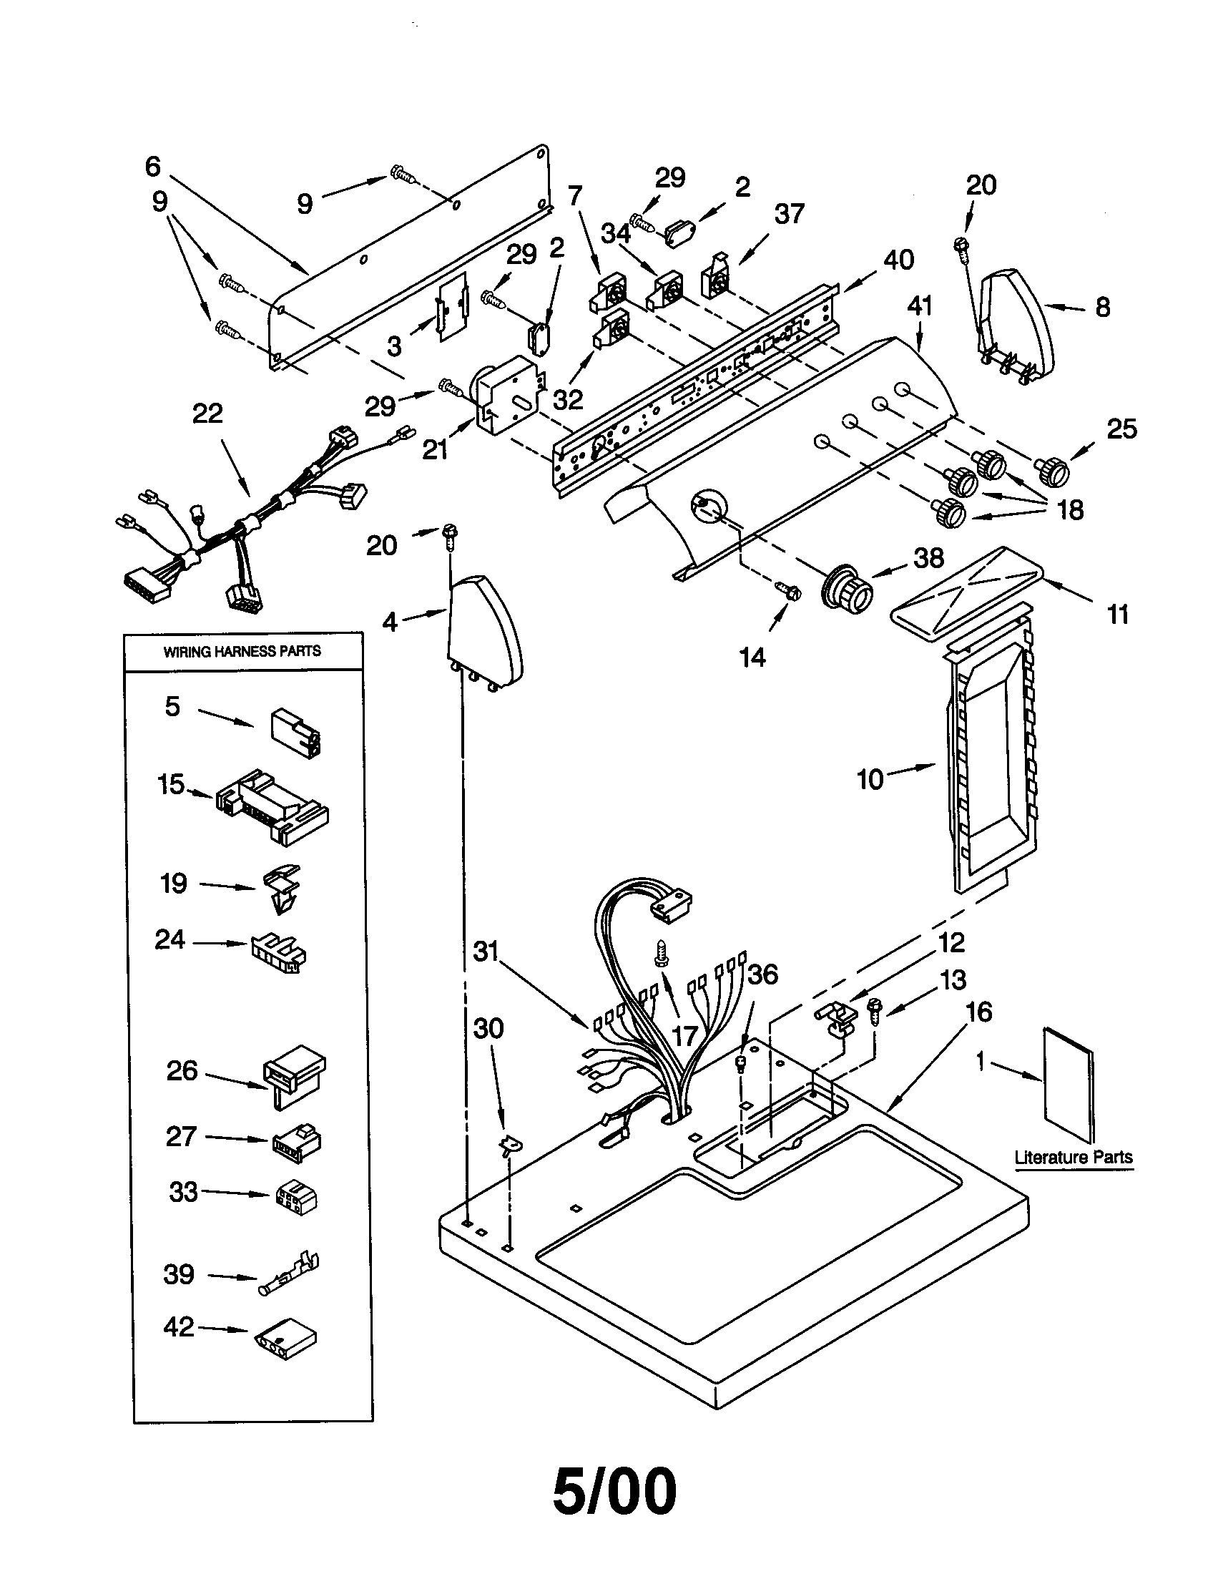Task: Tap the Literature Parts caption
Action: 1073,1158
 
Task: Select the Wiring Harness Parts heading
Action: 242,652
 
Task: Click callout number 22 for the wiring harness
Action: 207,414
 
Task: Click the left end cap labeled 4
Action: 481,630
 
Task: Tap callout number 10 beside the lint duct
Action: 870,779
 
